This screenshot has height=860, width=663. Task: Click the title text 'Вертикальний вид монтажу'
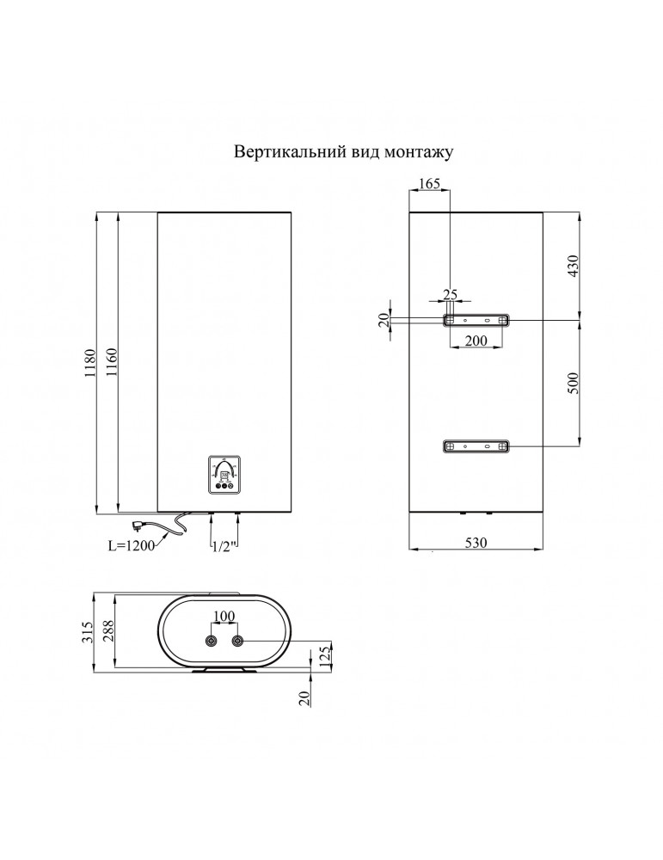pyautogui.click(x=343, y=151)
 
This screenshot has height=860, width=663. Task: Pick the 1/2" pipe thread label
pyautogui.click(x=221, y=545)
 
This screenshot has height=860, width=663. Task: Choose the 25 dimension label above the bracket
pyautogui.click(x=450, y=294)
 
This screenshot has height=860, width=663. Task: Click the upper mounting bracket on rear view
pyautogui.click(x=476, y=320)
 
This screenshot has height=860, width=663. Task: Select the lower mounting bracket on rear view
pyautogui.click(x=476, y=446)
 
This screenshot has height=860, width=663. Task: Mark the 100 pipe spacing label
pyautogui.click(x=224, y=617)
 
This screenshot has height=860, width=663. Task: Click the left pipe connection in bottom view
pyautogui.click(x=211, y=642)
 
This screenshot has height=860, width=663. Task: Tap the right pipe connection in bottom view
pyautogui.click(x=238, y=642)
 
